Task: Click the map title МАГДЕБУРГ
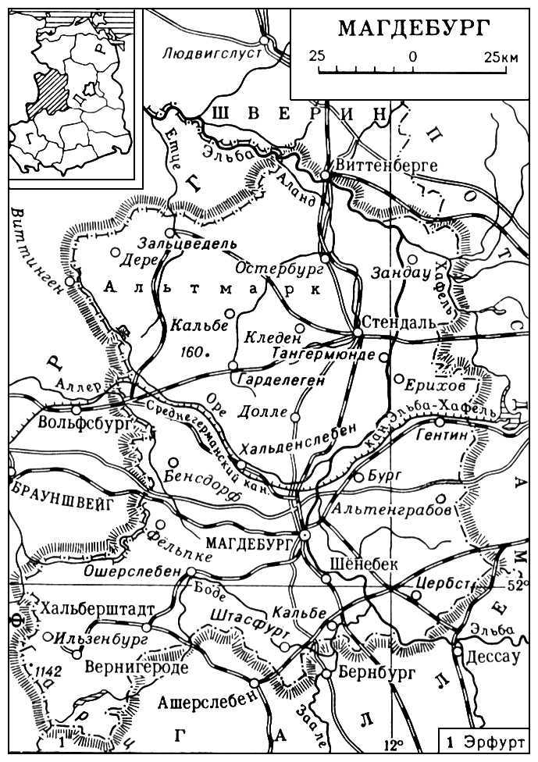[x=414, y=29]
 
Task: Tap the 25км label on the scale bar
[x=500, y=57]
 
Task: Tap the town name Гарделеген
[x=278, y=379]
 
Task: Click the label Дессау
[x=492, y=657]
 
